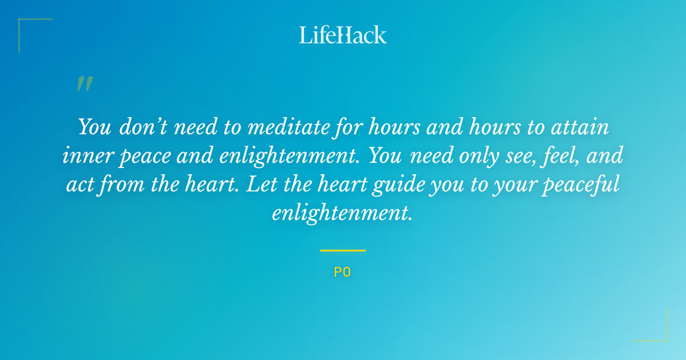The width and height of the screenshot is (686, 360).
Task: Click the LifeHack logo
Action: (x=343, y=35)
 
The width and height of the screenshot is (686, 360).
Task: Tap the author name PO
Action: (x=342, y=273)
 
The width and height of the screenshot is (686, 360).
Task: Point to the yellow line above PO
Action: (x=343, y=250)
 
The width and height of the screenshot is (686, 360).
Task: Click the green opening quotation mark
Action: (x=85, y=84)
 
